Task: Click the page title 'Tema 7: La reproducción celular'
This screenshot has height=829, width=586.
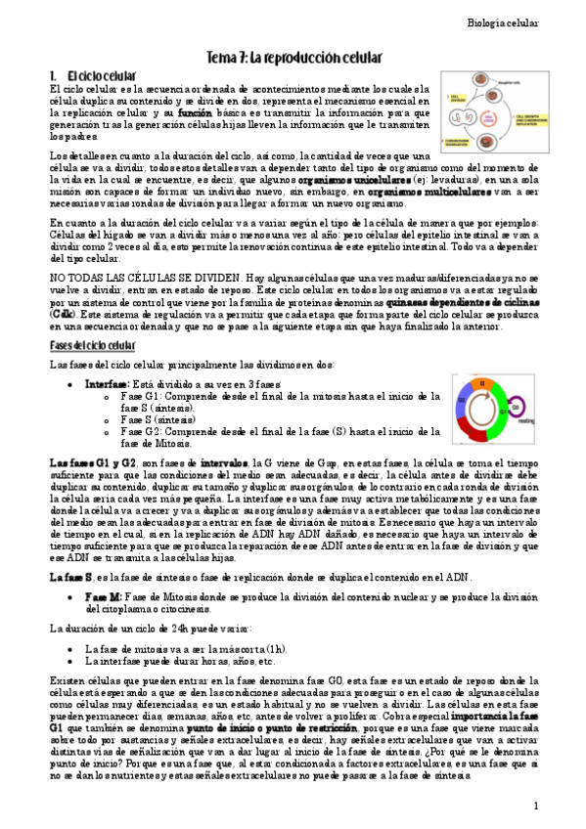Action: click(x=293, y=58)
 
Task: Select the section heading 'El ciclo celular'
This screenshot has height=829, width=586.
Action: click(x=92, y=75)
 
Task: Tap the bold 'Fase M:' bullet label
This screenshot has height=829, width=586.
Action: click(x=103, y=595)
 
